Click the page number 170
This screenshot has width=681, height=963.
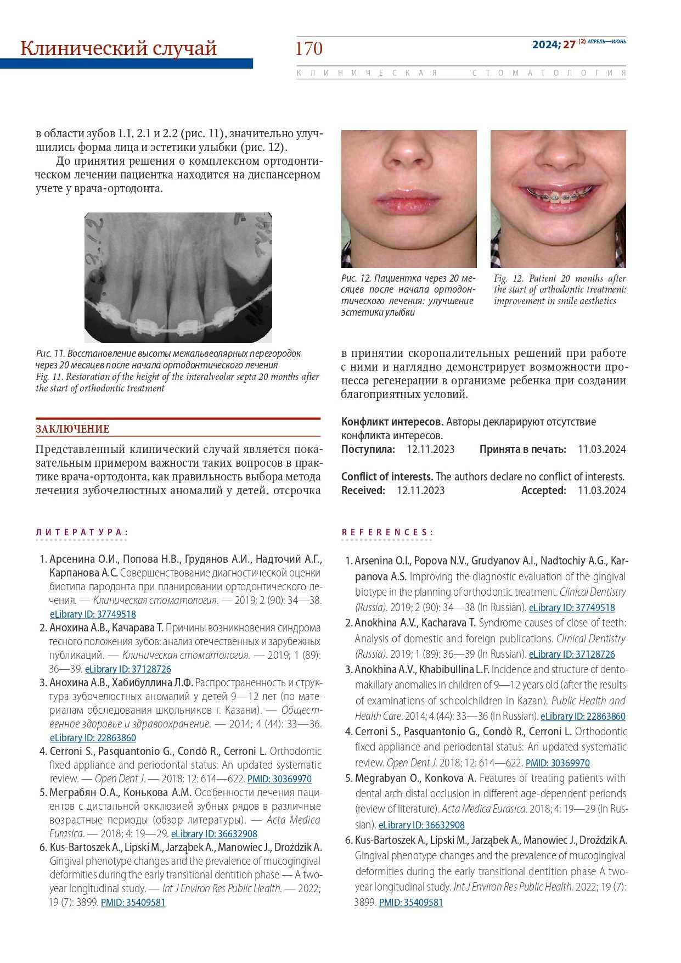(x=308, y=49)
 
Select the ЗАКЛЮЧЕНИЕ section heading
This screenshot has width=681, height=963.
(x=72, y=429)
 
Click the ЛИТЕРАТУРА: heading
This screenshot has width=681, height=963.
(x=82, y=532)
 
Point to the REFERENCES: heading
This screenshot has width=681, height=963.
(x=387, y=532)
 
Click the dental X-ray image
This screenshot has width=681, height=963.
(x=178, y=278)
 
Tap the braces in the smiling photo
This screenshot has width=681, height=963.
(x=558, y=194)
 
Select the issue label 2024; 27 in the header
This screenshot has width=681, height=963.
(x=554, y=44)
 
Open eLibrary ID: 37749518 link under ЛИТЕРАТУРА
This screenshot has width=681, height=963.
(x=93, y=614)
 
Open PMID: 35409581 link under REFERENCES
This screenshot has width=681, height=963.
(x=410, y=902)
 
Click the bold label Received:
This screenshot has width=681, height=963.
(x=363, y=490)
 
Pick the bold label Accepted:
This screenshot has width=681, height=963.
(x=543, y=490)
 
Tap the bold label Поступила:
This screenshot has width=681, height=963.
(x=368, y=449)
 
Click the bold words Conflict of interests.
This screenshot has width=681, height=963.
(x=387, y=477)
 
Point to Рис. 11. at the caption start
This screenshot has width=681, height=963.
(x=50, y=354)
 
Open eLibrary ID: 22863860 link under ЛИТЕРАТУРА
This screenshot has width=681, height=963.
(x=93, y=738)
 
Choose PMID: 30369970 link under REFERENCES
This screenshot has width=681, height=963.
(x=558, y=763)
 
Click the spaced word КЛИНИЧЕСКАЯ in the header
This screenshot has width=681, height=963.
(x=367, y=73)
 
